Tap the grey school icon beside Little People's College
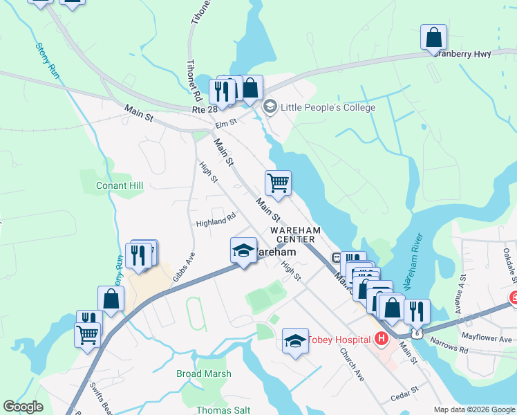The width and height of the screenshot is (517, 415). point(270,107)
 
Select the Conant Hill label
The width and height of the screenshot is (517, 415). point(120,185)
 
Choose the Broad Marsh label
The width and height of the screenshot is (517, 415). point(203,373)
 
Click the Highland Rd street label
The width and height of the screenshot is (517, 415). point(211,221)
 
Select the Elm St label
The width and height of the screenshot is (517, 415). point(226,123)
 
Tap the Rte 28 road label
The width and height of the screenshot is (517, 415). point(205,109)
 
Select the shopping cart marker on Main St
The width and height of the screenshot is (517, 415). point(278,183)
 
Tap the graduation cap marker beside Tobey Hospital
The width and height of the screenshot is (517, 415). point(295,341)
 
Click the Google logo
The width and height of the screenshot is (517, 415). point(23,407)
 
